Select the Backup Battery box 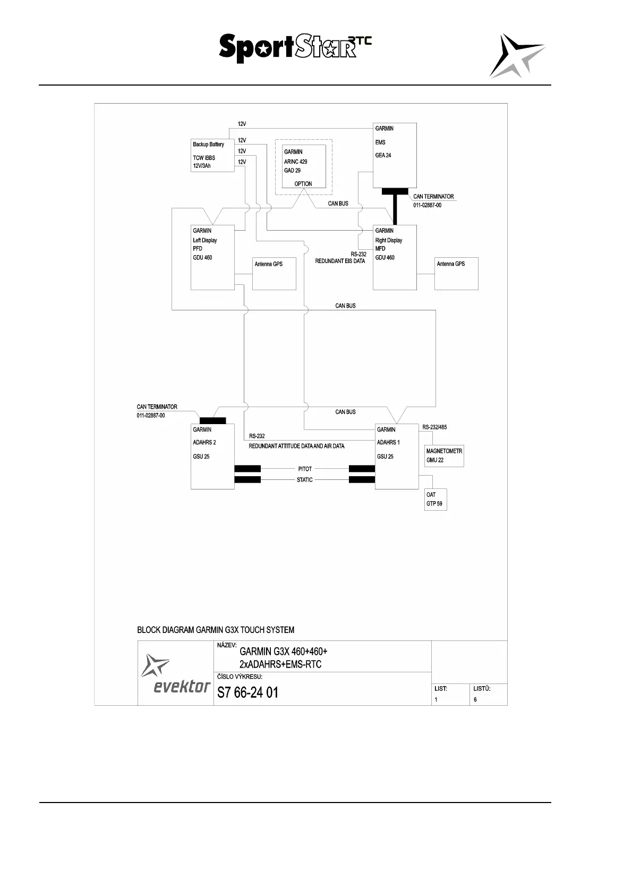pyautogui.click(x=212, y=155)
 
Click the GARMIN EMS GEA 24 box pyautogui.click(x=395, y=155)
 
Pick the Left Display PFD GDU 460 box pyautogui.click(x=212, y=257)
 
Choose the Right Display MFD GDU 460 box pyautogui.click(x=395, y=257)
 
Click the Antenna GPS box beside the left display pyautogui.click(x=274, y=274)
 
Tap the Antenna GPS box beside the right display pyautogui.click(x=456, y=274)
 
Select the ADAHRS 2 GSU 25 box pyautogui.click(x=212, y=456)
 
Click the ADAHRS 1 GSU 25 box pyautogui.click(x=396, y=456)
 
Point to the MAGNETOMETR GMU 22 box pyautogui.click(x=444, y=455)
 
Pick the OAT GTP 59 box pyautogui.click(x=435, y=500)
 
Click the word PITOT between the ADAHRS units pyautogui.click(x=305, y=469)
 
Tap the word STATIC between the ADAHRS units pyautogui.click(x=305, y=480)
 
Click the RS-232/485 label pyautogui.click(x=438, y=427)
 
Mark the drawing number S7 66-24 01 pyautogui.click(x=247, y=693)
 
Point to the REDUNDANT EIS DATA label pyautogui.click(x=340, y=261)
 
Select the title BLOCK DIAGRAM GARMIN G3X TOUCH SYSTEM pyautogui.click(x=216, y=630)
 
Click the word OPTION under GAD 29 pyautogui.click(x=303, y=184)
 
